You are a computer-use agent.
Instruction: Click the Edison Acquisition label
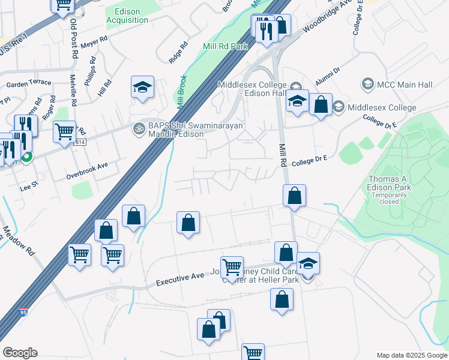pyautogui.click(x=127, y=16)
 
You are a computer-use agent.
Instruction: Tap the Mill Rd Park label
pyautogui.click(x=225, y=46)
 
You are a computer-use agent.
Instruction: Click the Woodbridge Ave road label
pyautogui.click(x=327, y=25)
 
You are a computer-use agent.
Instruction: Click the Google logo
pyautogui.click(x=20, y=353)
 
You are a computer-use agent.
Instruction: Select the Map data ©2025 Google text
pyautogui.click(x=411, y=355)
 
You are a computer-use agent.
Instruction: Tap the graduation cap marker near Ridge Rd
pyautogui.click(x=143, y=88)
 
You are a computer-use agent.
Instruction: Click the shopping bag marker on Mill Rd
pyautogui.click(x=294, y=196)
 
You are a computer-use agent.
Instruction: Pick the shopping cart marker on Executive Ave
pyautogui.click(x=232, y=268)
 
